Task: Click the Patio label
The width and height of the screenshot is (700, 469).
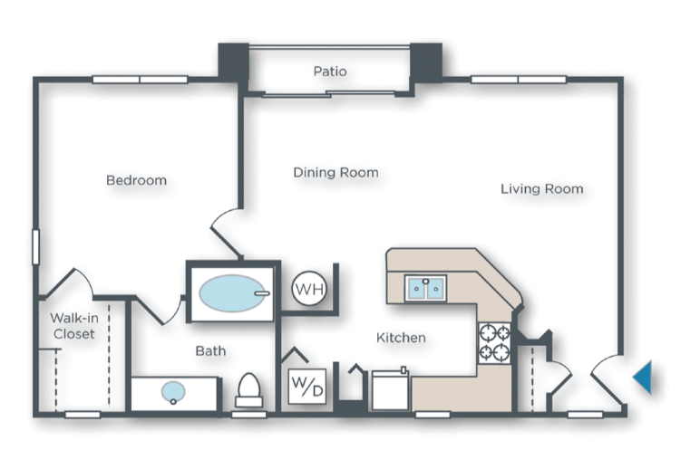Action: [330, 71]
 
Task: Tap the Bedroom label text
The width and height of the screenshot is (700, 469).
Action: [136, 180]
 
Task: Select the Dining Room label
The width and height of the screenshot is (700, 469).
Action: [335, 172]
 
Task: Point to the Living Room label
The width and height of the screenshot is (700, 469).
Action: [541, 188]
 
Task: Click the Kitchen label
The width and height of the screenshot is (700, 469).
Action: [401, 338]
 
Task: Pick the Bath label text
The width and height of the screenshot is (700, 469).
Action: [210, 350]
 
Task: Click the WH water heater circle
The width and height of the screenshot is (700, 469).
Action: [307, 290]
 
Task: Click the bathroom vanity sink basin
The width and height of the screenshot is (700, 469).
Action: [173, 392]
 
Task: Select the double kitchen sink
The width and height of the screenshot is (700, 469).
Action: [424, 288]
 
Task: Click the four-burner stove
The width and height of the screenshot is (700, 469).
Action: [494, 342]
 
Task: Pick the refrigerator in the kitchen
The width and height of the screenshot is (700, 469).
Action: [391, 390]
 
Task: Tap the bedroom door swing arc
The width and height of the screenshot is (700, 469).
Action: [227, 226]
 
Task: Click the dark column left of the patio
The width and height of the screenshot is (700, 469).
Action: [233, 62]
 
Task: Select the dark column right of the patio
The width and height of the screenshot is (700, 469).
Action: [425, 61]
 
